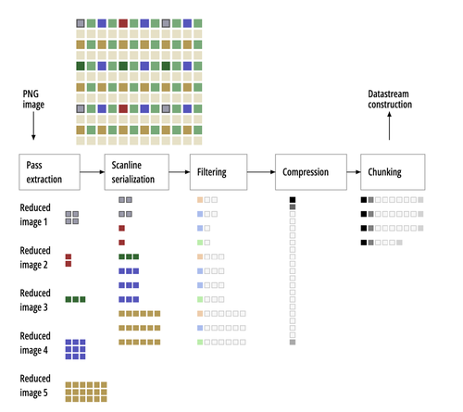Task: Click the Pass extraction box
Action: pos(49,172)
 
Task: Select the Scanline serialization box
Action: pos(137,172)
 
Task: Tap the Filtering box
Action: pos(219,172)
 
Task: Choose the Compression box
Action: pos(311,172)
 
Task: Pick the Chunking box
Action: pos(393,172)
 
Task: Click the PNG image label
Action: pos(33,99)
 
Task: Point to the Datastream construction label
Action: pos(390,99)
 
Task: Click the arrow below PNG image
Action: pos(33,126)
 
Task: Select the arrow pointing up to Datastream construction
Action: pos(389,126)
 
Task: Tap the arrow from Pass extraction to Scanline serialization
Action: pos(93,172)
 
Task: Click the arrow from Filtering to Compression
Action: pos(261,172)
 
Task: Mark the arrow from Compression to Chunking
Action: pos(354,172)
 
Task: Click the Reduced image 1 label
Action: pos(35,215)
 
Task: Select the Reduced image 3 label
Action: pos(35,300)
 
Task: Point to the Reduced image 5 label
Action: pos(35,386)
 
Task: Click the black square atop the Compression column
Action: pos(293,200)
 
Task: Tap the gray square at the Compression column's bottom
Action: pos(293,343)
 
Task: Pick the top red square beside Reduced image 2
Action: pos(69,256)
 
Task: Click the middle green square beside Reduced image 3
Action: pos(76,299)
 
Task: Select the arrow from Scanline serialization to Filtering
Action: pos(180,172)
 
